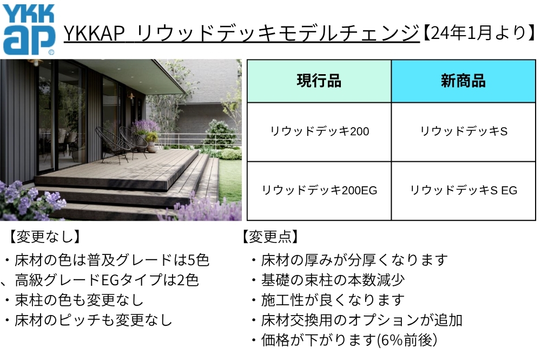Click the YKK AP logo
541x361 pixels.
29,30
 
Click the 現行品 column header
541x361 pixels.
319,81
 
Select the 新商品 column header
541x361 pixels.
463,81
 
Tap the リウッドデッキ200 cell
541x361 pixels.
319,132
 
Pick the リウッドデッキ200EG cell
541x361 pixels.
319,191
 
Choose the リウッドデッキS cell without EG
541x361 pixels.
463,132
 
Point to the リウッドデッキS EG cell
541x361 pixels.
463,191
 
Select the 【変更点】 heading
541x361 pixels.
270,237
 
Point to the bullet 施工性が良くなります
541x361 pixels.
332,300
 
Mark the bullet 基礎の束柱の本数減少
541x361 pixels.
332,280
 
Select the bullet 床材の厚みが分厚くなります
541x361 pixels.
354,260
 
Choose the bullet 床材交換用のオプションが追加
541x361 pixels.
361,320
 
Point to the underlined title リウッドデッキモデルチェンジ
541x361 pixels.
241,34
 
